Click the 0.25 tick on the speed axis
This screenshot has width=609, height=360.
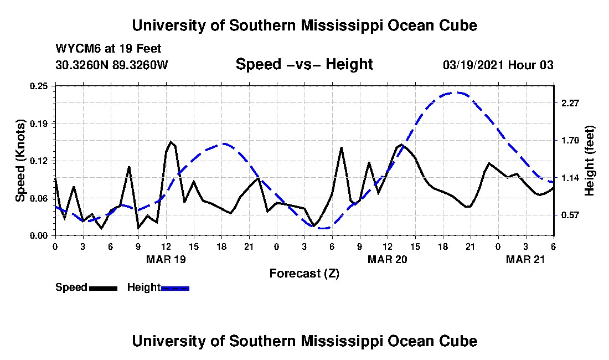point(38,86)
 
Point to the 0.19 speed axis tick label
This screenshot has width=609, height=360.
point(38,124)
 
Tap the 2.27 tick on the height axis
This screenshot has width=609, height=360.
point(570,103)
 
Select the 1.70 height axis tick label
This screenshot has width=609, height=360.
point(570,140)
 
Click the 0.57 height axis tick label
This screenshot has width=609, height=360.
point(570,215)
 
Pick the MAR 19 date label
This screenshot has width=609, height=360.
point(166,259)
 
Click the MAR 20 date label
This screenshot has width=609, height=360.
point(388,259)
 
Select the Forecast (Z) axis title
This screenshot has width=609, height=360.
point(304,274)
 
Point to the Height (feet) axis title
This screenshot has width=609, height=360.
point(589,161)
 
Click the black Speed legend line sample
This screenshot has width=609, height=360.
point(104,288)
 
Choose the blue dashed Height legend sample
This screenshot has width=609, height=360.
point(175,288)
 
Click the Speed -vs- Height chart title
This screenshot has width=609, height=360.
point(304,64)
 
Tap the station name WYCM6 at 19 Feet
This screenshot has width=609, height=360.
point(109,49)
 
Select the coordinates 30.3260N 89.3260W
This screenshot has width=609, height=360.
point(112,65)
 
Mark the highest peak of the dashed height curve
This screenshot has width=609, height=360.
point(457,93)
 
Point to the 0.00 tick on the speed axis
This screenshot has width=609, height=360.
point(38,236)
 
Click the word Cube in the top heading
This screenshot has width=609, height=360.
point(458,25)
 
